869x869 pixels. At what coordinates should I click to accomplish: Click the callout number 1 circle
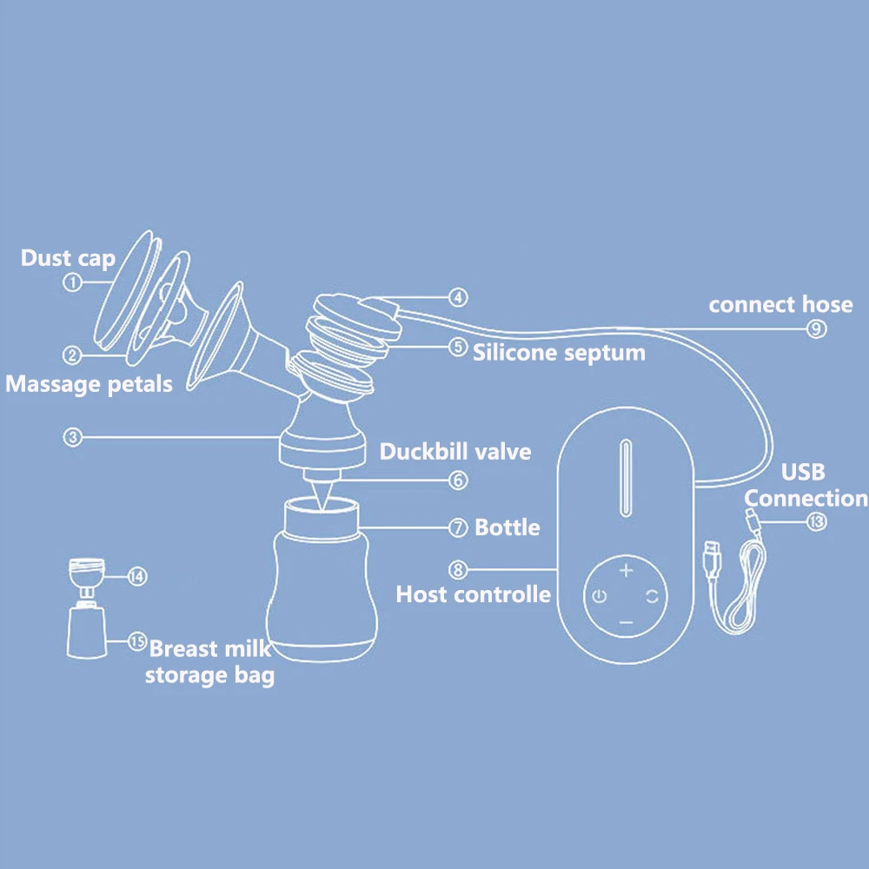click(x=73, y=282)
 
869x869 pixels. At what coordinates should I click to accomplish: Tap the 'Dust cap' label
click(x=68, y=258)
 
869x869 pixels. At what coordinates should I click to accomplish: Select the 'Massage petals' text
click(x=90, y=383)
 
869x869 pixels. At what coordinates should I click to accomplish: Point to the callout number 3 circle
click(x=73, y=438)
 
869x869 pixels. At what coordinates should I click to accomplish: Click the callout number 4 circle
click(x=458, y=298)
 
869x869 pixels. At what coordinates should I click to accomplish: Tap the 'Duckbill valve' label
click(x=455, y=452)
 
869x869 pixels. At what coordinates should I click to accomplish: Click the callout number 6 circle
click(x=459, y=480)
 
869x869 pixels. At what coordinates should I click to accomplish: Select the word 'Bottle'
click(x=507, y=527)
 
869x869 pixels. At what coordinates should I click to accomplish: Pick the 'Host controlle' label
click(x=474, y=594)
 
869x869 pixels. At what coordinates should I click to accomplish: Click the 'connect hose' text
click(x=780, y=305)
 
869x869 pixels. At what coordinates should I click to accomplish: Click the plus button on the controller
click(x=626, y=570)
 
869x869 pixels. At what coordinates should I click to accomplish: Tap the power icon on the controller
click(x=598, y=596)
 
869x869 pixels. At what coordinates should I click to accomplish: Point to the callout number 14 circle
click(x=137, y=575)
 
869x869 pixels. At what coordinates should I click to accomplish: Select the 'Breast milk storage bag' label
click(x=209, y=662)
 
